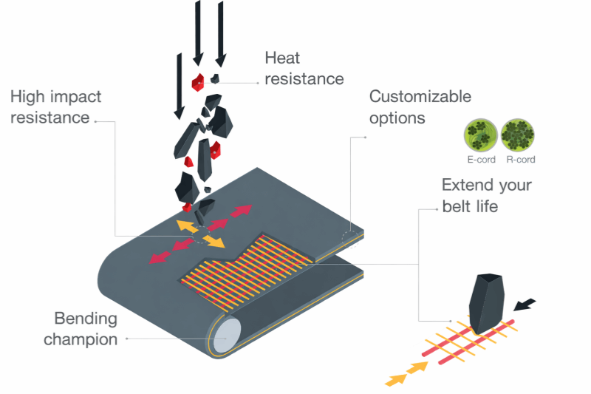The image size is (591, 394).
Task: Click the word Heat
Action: click(x=283, y=58)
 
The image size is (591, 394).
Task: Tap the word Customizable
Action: click(x=420, y=96)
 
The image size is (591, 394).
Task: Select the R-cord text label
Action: click(x=521, y=159)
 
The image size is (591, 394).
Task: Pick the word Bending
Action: click(x=85, y=319)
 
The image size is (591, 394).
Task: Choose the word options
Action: click(x=397, y=118)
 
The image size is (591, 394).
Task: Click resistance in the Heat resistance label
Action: click(x=304, y=78)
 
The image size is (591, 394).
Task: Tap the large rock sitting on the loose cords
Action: click(x=488, y=301)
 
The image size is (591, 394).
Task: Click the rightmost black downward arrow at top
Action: click(x=220, y=31)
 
